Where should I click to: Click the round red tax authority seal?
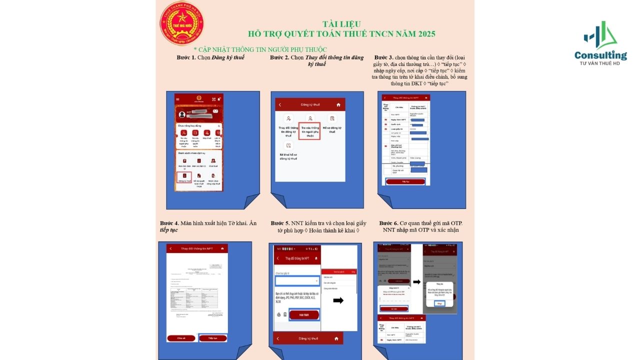pos(182,23)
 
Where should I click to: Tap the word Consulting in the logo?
pos(600,55)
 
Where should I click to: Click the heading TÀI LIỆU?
pos(341,24)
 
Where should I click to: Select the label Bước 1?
pos(186,57)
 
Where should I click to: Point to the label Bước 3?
pos(383,57)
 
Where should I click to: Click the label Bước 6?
pos(389,223)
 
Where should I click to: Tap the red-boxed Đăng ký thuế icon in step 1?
pos(184,177)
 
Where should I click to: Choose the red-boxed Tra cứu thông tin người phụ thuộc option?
pos(309,130)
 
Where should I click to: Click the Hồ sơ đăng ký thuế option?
pos(331,124)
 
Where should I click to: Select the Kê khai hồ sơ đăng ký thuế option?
pos(288,151)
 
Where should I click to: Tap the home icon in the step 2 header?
pos(338,105)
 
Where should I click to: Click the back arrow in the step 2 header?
pos(280,105)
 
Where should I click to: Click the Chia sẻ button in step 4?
pos(181,338)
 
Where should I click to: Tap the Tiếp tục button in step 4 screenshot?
pos(212,338)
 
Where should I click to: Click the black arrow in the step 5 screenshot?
pos(338,300)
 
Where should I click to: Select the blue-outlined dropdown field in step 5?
pos(296,281)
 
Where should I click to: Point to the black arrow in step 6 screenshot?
pos(416,281)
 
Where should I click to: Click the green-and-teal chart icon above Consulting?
pos(600,36)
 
